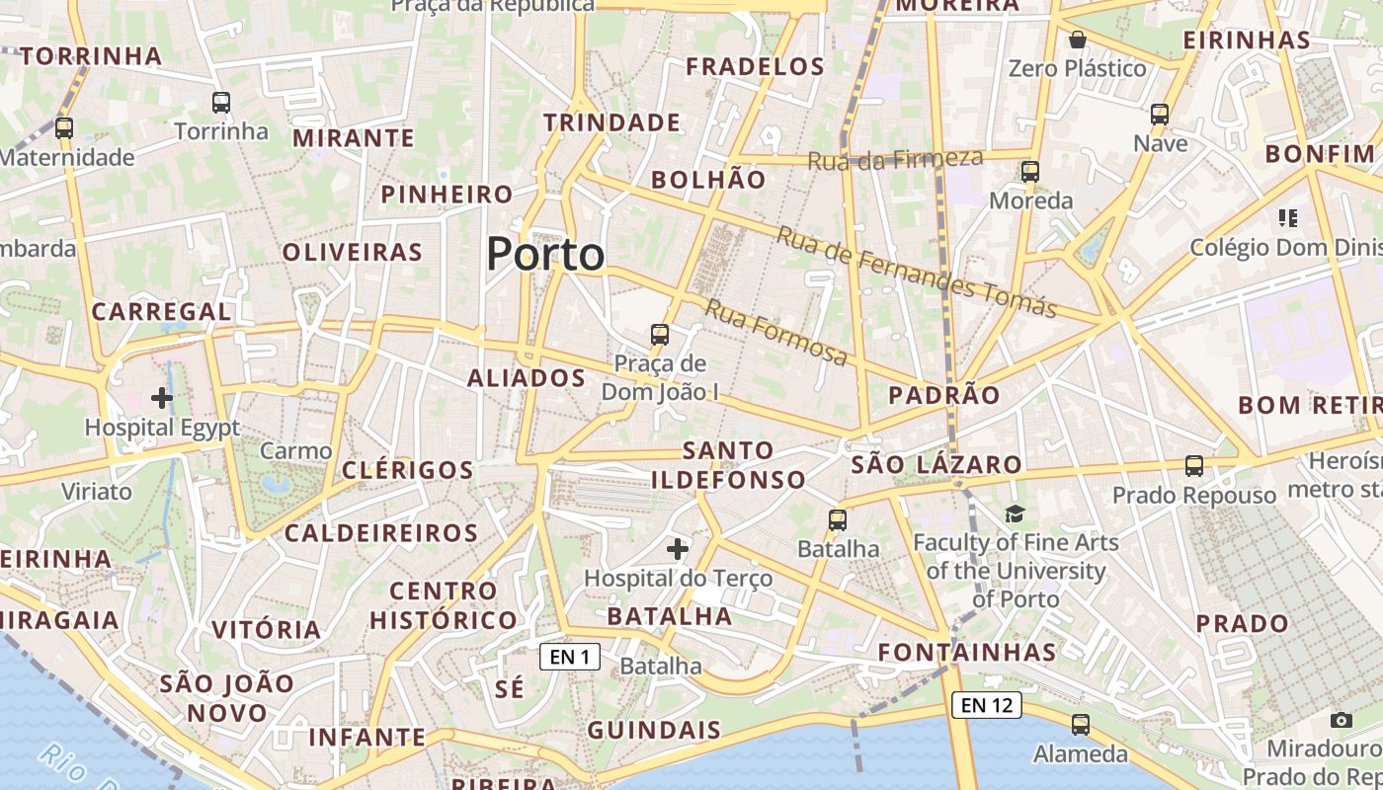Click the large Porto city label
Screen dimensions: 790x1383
(545, 254)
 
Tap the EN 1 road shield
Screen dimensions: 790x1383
(570, 657)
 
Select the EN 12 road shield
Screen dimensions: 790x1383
(986, 704)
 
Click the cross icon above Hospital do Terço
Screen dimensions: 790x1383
(678, 548)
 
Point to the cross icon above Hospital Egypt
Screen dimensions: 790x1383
(162, 398)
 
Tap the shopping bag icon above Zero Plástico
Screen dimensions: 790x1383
(1078, 39)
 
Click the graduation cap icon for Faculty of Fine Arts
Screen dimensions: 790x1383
(1015, 513)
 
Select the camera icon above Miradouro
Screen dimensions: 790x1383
(1341, 720)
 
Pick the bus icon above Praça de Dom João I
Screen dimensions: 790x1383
(660, 335)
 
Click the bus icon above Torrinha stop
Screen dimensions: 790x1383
(221, 102)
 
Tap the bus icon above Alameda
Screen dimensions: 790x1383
(1081, 725)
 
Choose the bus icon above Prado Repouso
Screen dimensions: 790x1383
(1194, 466)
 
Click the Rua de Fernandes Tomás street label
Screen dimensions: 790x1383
(916, 271)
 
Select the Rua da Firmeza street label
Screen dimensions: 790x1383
(895, 159)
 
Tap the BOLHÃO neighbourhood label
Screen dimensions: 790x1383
(708, 180)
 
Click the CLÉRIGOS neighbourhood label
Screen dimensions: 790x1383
(408, 470)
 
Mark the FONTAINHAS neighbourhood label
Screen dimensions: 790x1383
(967, 652)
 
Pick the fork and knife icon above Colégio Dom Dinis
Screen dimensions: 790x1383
(1287, 217)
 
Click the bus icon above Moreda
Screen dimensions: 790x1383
(1030, 172)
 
